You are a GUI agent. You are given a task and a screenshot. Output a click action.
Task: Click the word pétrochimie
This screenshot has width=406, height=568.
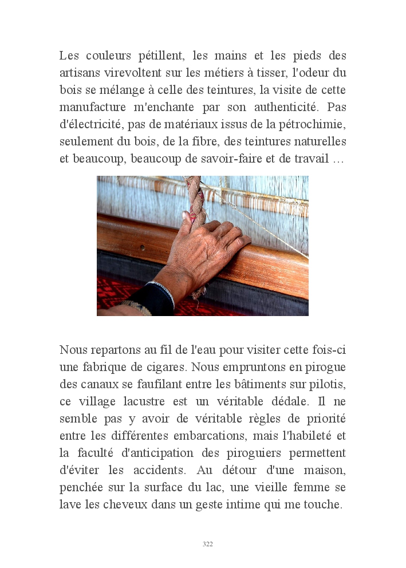(313, 125)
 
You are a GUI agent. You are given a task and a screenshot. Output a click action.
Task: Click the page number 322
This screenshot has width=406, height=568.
(208, 544)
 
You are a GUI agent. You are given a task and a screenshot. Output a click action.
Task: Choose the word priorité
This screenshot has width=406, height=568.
(324, 419)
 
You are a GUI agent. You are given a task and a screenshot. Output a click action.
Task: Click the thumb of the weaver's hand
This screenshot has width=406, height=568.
(187, 218)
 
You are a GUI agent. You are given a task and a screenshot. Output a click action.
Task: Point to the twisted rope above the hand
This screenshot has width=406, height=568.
(193, 195)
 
